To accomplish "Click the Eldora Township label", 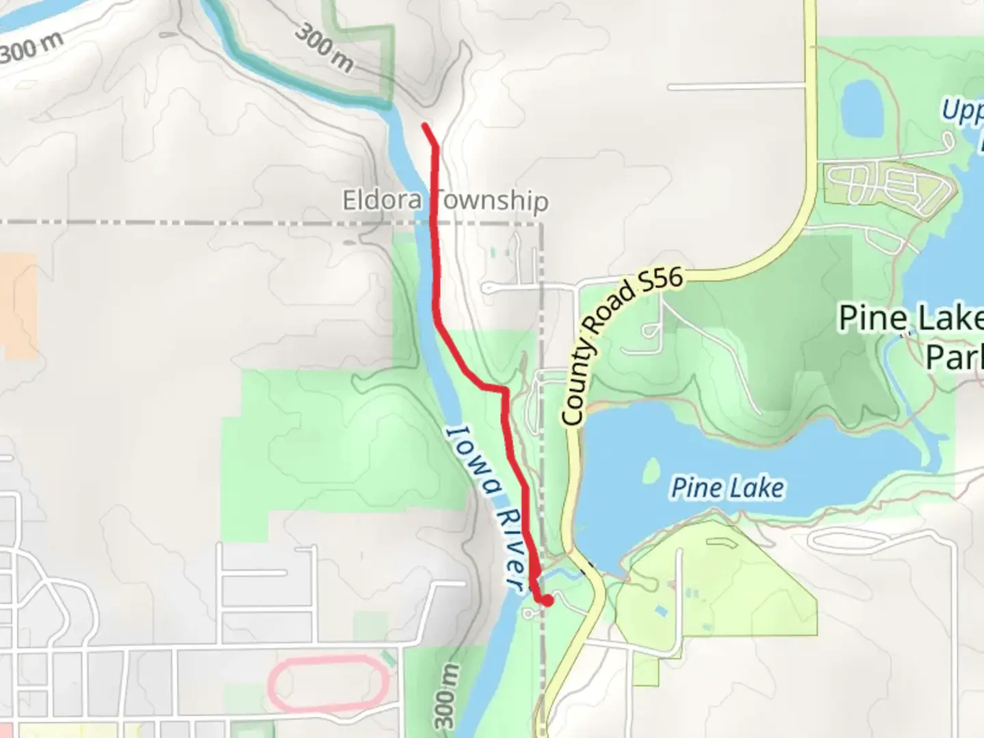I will coord(445,200).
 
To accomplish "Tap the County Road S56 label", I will coord(622,346).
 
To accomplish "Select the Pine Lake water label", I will coord(728,488).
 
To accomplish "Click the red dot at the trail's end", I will coord(547,601).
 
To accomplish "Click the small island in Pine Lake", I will coord(651,470).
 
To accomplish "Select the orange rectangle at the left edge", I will coord(18,305).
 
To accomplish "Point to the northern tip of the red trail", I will coord(425,126).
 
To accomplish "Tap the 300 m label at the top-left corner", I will coord(31,48).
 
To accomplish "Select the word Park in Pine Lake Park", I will coord(954,356).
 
